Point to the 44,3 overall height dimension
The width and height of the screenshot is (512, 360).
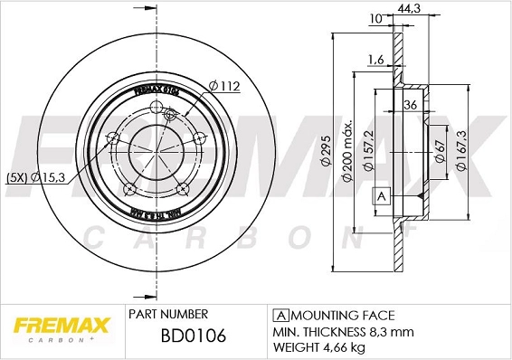click(x=417, y=9)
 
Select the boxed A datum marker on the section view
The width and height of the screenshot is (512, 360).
click(x=381, y=196)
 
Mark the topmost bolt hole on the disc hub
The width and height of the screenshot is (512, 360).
click(x=170, y=112)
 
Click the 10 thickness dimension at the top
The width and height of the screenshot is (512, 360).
click(x=375, y=18)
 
